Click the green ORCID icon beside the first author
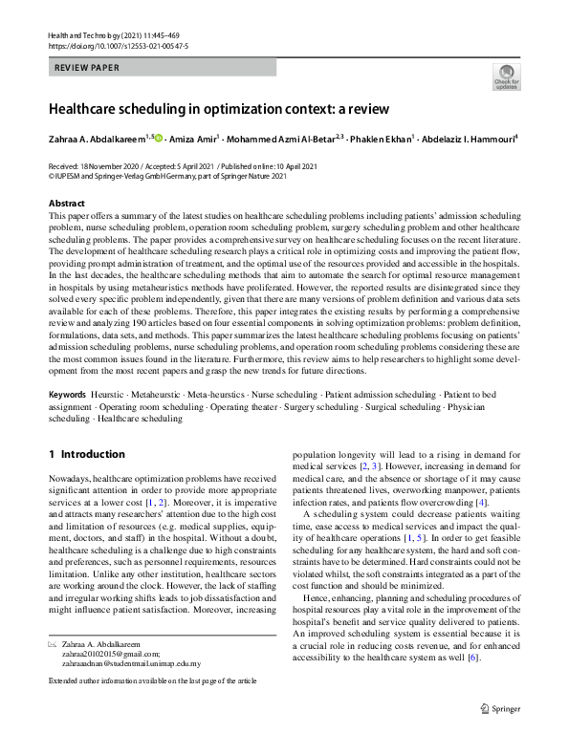pos(158,138)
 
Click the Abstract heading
pos(66,203)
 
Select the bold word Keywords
pos(68,421)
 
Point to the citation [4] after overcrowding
pos(482,503)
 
